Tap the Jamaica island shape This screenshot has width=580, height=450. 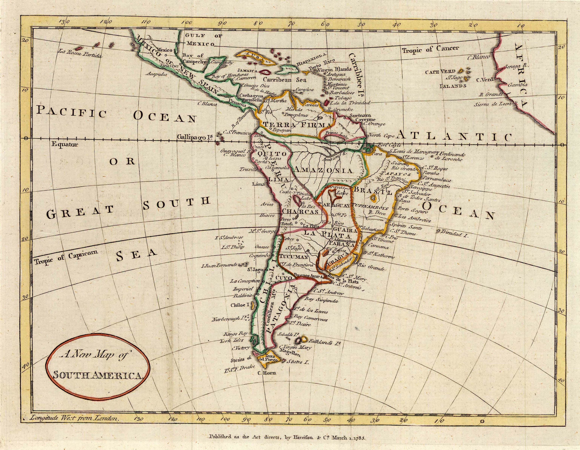[265, 72]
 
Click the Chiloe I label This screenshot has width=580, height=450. [240, 305]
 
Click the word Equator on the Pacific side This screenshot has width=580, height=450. [65, 145]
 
